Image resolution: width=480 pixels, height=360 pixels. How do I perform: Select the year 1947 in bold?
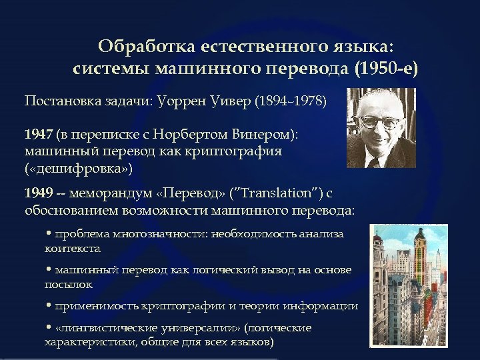pos(38,133)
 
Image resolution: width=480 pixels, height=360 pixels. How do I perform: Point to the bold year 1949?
pos(38,194)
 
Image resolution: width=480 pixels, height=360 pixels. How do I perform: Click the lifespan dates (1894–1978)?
pos(292,102)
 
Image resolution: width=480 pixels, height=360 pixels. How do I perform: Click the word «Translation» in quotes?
pos(275,194)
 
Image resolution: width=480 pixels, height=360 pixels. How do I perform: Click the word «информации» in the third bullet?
pos(323,306)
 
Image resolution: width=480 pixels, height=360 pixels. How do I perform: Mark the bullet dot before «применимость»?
pos(49,306)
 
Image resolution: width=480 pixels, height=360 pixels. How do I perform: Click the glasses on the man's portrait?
pos(379,122)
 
